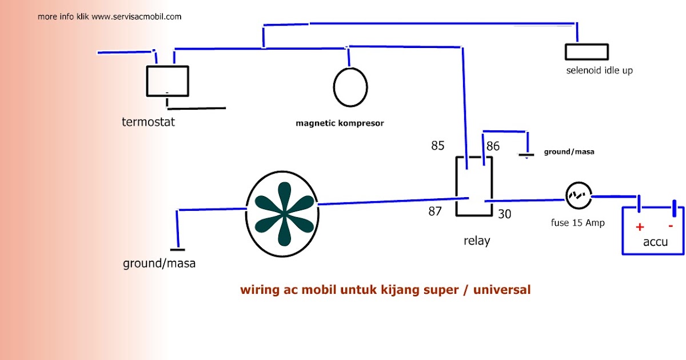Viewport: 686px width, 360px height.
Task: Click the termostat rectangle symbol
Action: pos(167,81)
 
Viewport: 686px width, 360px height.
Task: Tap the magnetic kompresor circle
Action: pos(350,87)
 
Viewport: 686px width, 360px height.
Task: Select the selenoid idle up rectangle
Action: pos(587,52)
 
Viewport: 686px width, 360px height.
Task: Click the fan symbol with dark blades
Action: pos(282,214)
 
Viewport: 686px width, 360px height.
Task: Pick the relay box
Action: pos(474,186)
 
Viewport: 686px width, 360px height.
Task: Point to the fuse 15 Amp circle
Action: pos(579,195)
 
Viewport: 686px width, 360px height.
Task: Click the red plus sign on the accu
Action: pos(640,227)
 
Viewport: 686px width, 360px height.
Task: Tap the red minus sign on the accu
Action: pos(671,226)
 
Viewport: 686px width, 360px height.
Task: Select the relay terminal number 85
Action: pos(438,146)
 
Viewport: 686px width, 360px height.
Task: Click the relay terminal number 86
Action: pos(493,146)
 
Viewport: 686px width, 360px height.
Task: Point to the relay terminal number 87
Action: pos(435,211)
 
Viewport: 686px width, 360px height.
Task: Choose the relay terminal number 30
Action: pos(504,214)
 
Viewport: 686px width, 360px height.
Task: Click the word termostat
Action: pos(148,122)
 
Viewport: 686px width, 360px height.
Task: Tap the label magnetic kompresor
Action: pos(340,123)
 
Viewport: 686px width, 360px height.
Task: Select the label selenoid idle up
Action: pos(599,70)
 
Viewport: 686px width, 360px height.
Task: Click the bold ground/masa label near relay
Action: pos(569,151)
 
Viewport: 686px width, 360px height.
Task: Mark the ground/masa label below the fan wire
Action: pos(159,263)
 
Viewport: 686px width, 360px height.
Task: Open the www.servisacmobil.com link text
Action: pos(136,17)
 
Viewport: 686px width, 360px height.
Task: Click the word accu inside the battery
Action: pos(655,242)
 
